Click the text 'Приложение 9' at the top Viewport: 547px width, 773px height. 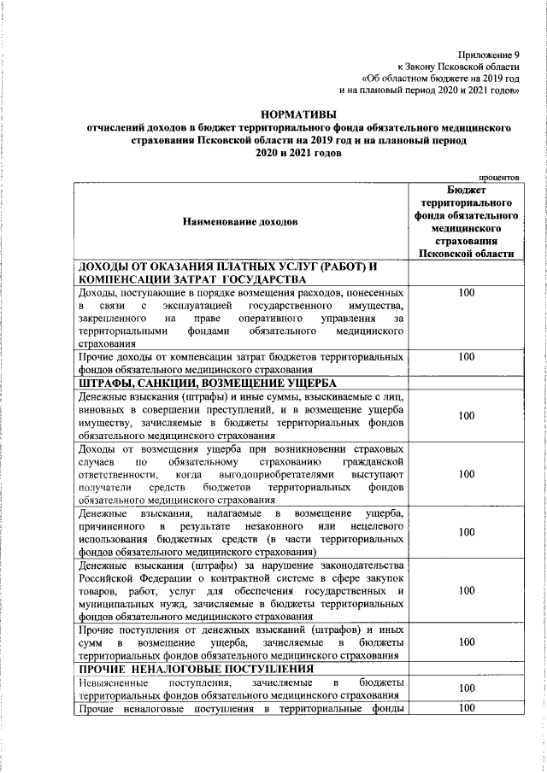[x=488, y=53]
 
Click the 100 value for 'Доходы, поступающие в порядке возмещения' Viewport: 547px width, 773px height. [x=467, y=294]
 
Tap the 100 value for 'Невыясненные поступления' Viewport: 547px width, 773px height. [x=467, y=688]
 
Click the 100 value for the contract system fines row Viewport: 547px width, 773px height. [x=467, y=590]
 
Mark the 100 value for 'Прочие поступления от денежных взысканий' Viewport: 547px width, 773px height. [x=467, y=642]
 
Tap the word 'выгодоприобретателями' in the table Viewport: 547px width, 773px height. [x=278, y=474]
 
